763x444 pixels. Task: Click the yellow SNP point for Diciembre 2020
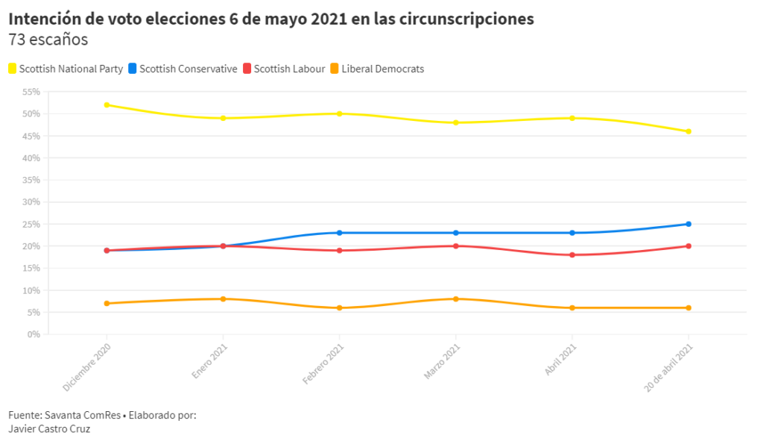pos(107,104)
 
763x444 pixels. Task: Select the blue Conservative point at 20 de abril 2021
pos(688,224)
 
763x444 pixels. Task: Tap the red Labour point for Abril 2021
pos(572,255)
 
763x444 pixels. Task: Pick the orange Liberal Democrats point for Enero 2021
pos(223,298)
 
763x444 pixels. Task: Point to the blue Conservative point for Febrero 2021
pos(339,233)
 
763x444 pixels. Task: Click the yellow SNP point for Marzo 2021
pos(455,122)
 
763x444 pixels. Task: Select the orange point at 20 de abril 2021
pos(688,308)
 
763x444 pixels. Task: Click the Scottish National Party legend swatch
pos(12,68)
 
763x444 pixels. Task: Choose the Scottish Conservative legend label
pos(189,69)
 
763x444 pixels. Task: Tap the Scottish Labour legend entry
pos(284,69)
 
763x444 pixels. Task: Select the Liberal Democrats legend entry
pos(377,69)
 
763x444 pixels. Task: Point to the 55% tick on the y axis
pos(31,92)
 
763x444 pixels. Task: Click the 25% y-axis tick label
pos(31,224)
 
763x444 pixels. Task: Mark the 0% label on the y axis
pos(34,334)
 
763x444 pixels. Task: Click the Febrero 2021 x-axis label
pos(323,363)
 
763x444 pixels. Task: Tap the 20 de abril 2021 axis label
pos(668,367)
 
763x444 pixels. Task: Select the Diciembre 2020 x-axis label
pos(86,367)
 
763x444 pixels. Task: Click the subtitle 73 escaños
pos(48,40)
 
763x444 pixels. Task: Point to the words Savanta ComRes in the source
pos(83,415)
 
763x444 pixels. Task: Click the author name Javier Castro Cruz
pos(49,429)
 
